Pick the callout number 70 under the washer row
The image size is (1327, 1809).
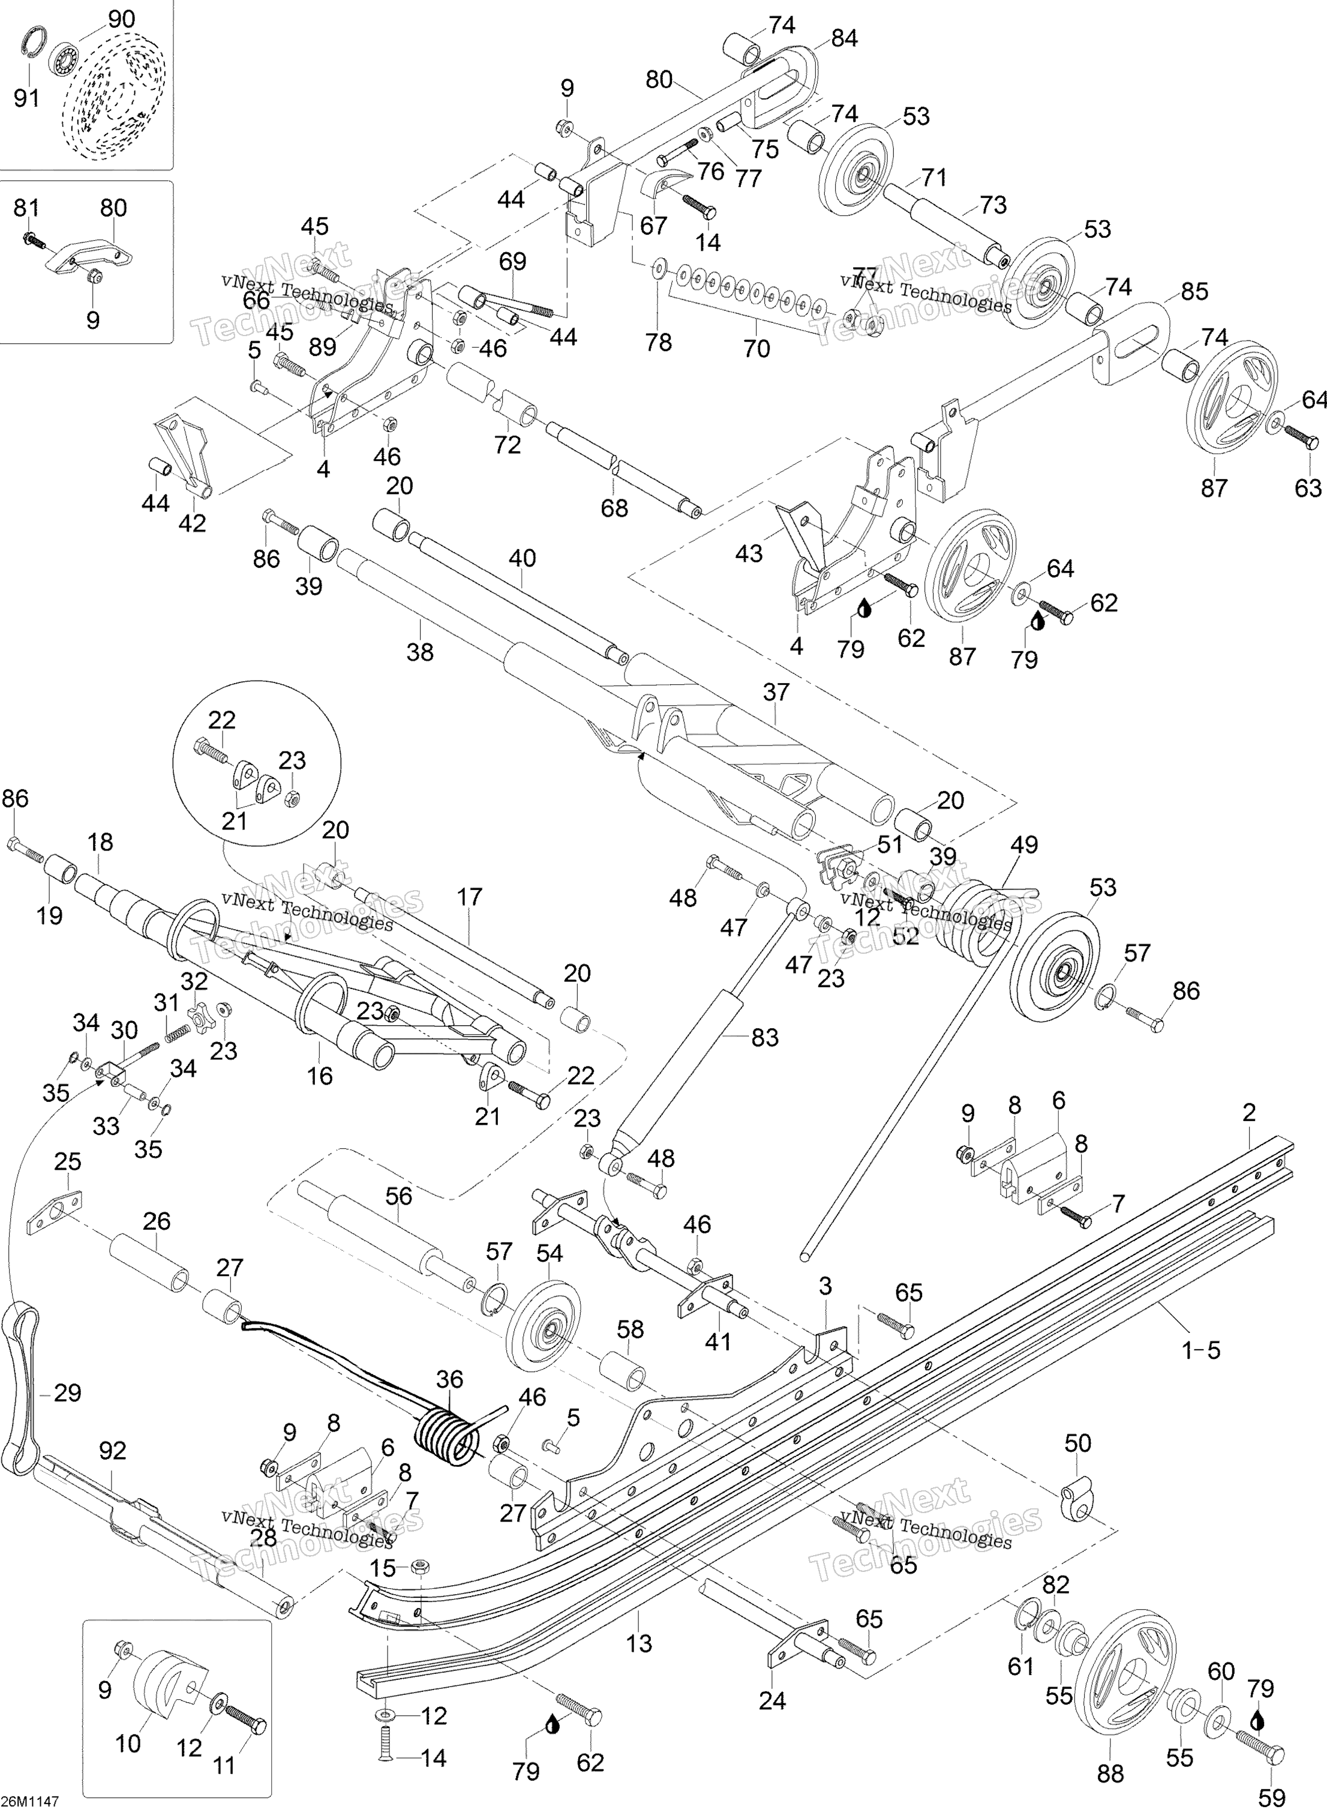pyautogui.click(x=756, y=348)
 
